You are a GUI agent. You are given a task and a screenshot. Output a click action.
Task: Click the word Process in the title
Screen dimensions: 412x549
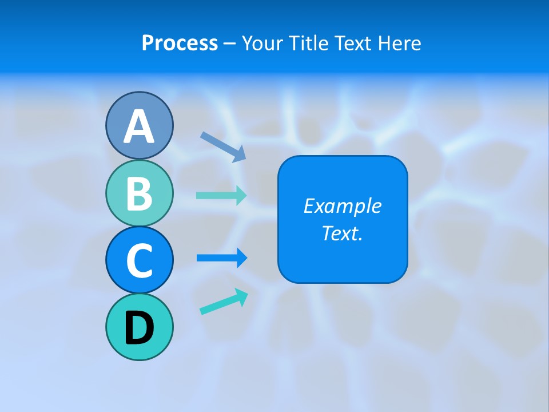click(x=180, y=43)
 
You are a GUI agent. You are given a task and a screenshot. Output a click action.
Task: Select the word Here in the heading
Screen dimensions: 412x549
click(x=400, y=43)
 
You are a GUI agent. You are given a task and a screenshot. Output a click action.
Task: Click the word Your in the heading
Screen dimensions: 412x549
click(x=260, y=43)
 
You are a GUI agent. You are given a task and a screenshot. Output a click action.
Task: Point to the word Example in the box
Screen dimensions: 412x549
click(x=342, y=206)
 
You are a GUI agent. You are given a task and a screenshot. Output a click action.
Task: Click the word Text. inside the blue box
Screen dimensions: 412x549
click(x=342, y=233)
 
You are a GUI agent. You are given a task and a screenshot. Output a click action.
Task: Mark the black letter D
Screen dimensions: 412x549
click(x=139, y=328)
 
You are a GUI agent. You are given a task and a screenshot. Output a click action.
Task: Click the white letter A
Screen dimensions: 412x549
click(x=139, y=126)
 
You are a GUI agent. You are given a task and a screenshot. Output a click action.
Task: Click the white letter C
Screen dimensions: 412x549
click(x=139, y=260)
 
